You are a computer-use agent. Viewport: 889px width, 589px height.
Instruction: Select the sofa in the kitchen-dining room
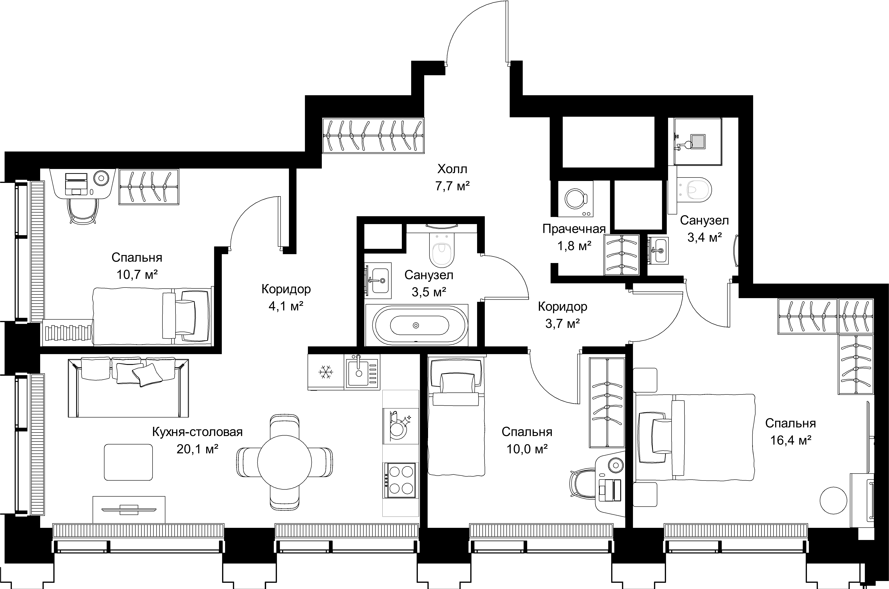click(x=128, y=388)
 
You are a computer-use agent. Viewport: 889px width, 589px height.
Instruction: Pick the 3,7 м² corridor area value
click(x=562, y=323)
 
